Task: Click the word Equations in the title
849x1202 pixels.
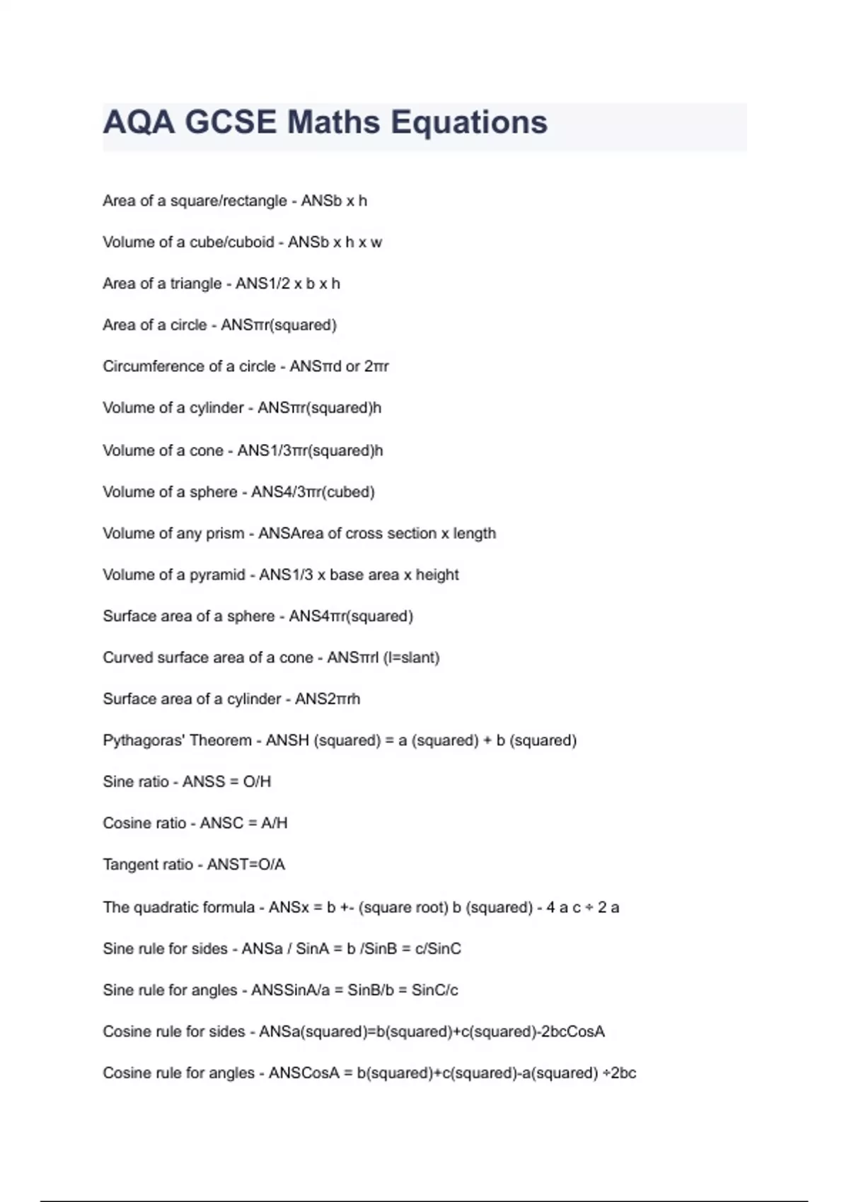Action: click(469, 122)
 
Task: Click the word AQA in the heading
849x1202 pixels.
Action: click(139, 122)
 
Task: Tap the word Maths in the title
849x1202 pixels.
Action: click(333, 122)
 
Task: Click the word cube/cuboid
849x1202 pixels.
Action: click(231, 242)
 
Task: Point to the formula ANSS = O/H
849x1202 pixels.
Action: click(226, 781)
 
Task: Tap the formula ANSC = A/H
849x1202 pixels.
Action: click(243, 823)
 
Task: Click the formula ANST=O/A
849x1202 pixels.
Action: click(246, 864)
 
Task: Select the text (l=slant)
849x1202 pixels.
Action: click(411, 658)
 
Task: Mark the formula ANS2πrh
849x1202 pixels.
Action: click(327, 699)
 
